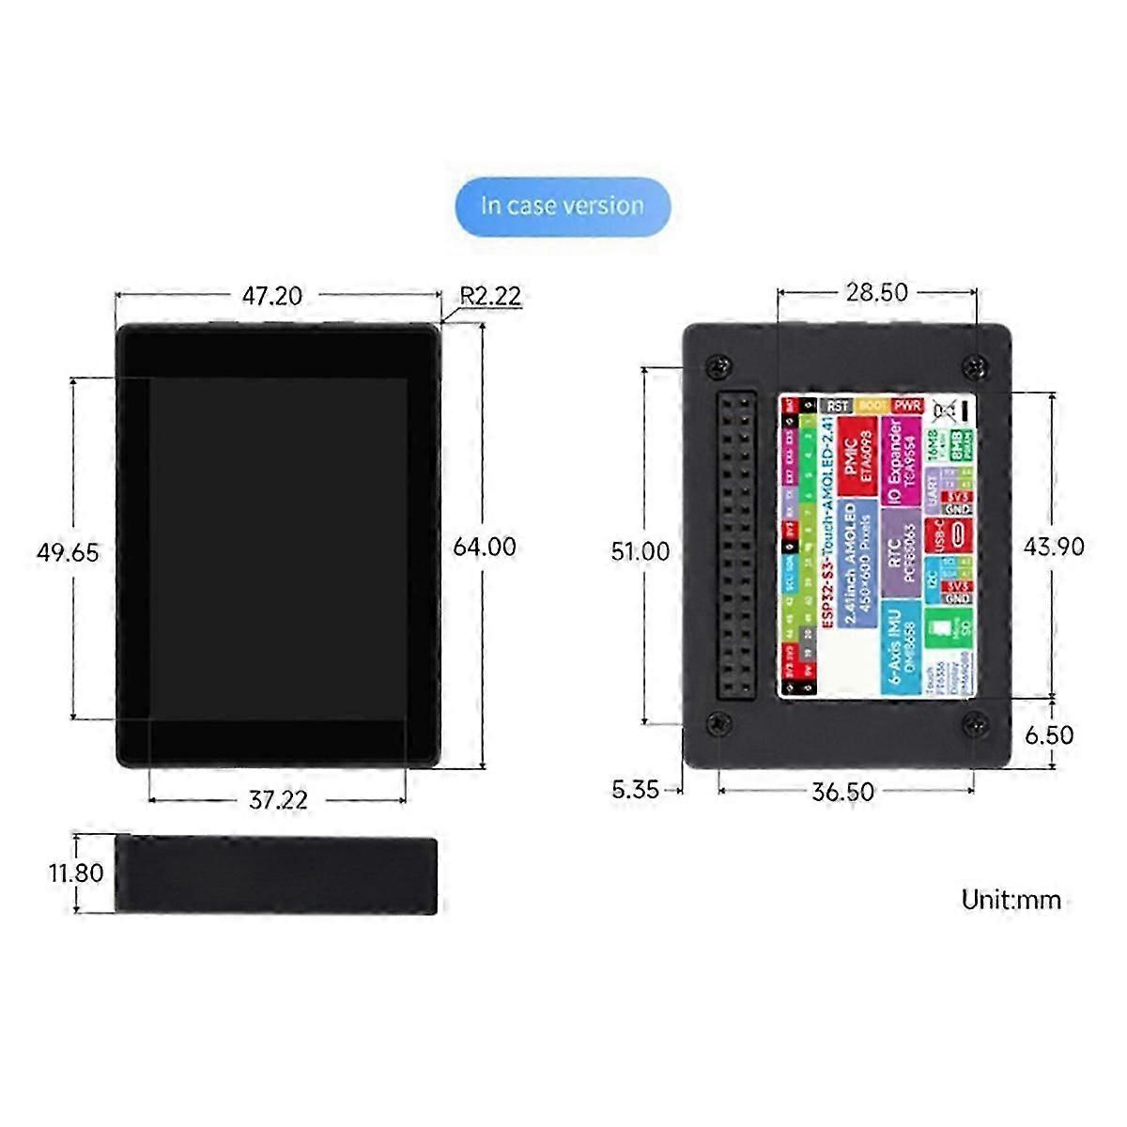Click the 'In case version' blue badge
click(563, 205)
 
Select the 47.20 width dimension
click(272, 295)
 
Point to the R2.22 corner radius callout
click(490, 295)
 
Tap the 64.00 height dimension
click(485, 547)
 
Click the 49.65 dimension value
click(68, 551)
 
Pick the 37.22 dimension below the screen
click(278, 800)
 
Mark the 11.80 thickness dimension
click(76, 872)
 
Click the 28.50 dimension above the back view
click(876, 292)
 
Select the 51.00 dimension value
click(641, 550)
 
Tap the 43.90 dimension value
click(1055, 547)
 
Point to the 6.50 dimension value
click(1049, 734)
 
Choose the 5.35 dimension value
click(636, 790)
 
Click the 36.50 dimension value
click(843, 792)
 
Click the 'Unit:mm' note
click(1011, 900)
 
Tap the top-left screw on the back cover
click(718, 363)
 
